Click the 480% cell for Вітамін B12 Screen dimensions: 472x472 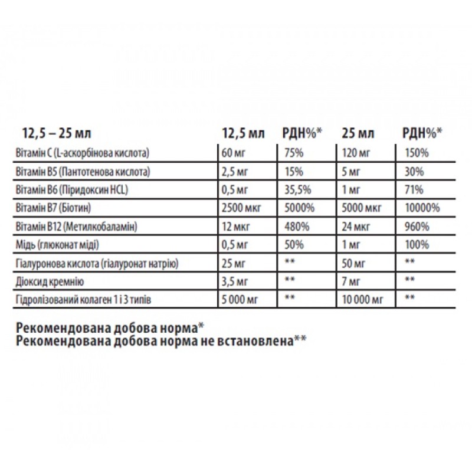point(294,227)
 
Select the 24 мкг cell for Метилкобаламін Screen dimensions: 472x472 point(356,227)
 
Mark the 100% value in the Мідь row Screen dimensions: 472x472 point(417,245)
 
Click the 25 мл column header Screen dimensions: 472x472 point(358,131)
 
